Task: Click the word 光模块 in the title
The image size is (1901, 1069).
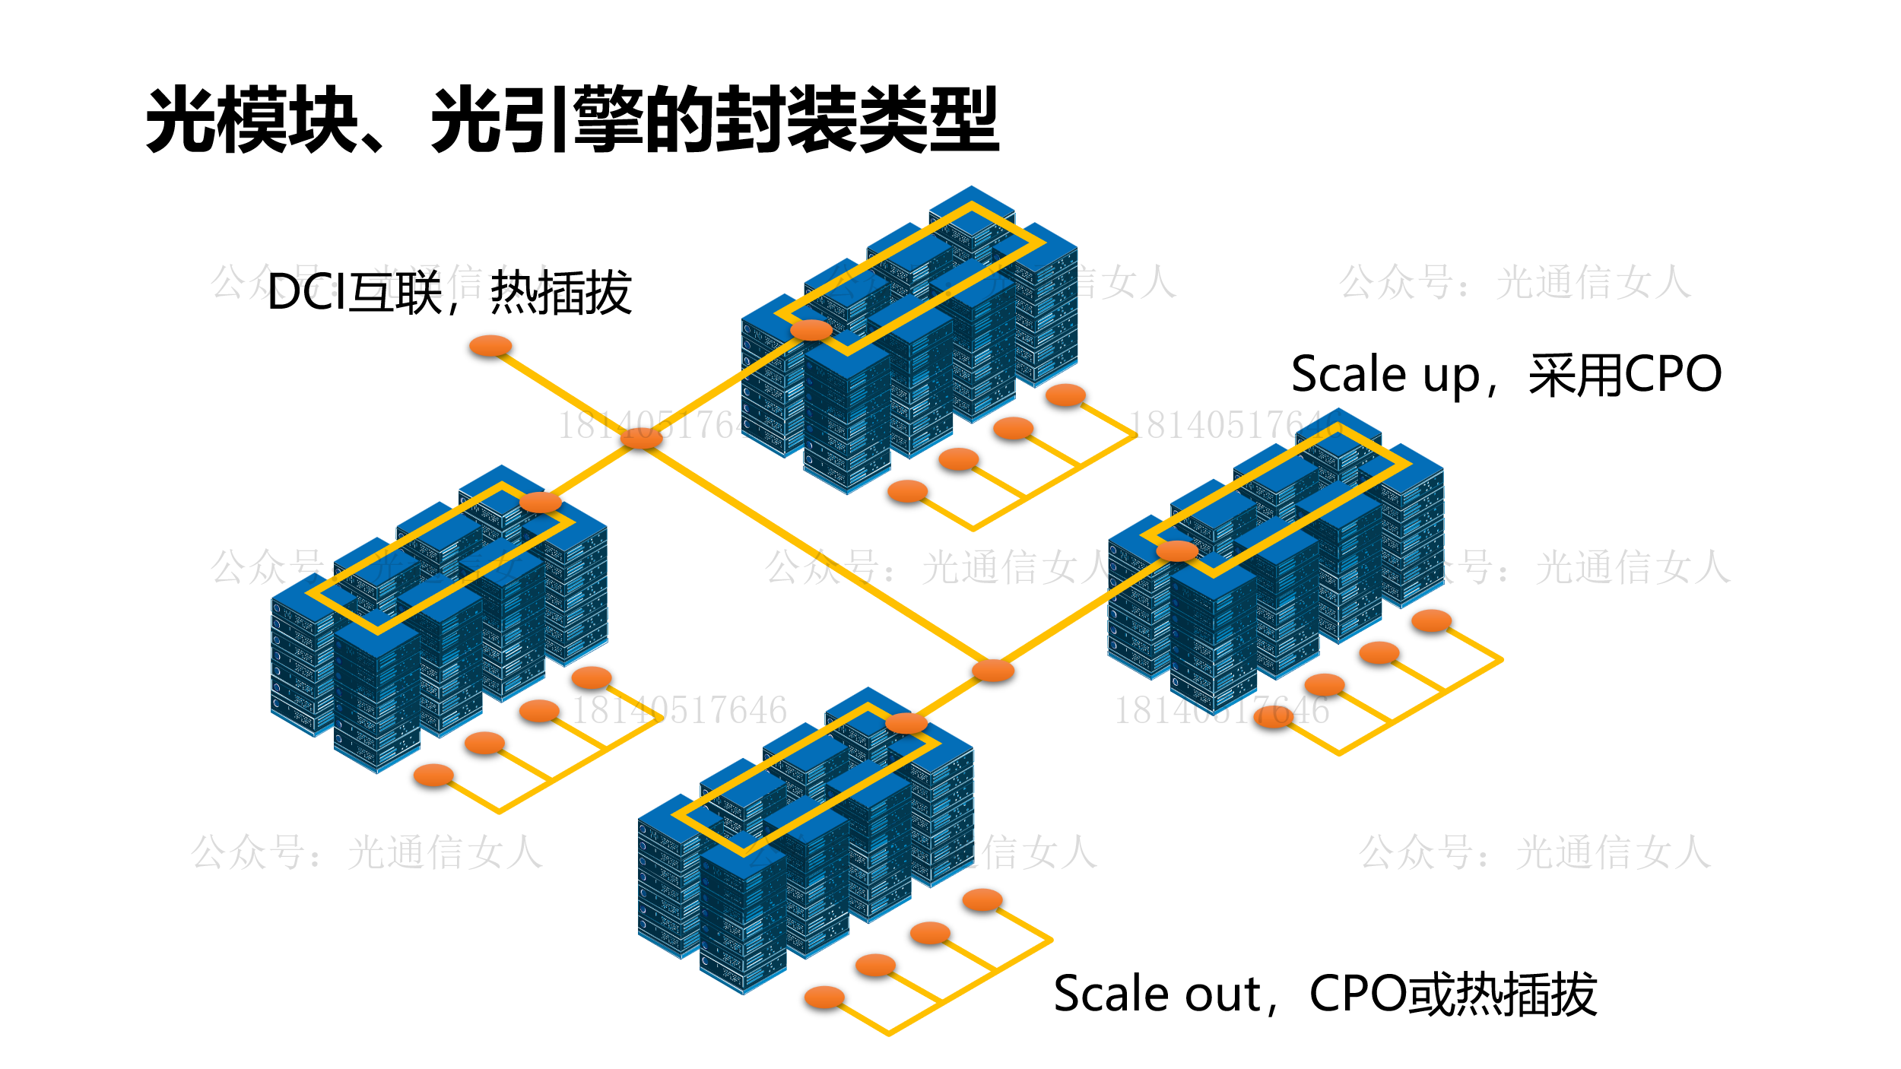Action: pyautogui.click(x=251, y=120)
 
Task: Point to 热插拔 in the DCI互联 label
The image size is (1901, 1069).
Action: pyautogui.click(x=561, y=293)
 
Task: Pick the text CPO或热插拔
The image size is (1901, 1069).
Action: pyautogui.click(x=1452, y=994)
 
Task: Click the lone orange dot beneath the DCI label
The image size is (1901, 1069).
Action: pyautogui.click(x=490, y=347)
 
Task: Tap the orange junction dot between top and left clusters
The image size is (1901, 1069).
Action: pyautogui.click(x=641, y=438)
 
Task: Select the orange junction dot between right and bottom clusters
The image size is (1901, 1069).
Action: pyautogui.click(x=993, y=671)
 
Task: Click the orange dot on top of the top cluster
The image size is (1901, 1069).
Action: pyautogui.click(x=811, y=330)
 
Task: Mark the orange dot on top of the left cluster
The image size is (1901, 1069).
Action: pyautogui.click(x=540, y=503)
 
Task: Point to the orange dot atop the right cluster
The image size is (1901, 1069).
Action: pyautogui.click(x=1177, y=551)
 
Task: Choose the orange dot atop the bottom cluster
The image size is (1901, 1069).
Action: pyautogui.click(x=906, y=723)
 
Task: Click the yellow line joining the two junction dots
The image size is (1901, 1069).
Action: pyautogui.click(x=817, y=554)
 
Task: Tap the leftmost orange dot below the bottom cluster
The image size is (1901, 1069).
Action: pyautogui.click(x=824, y=997)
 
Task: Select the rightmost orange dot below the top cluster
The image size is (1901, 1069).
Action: pyautogui.click(x=1065, y=395)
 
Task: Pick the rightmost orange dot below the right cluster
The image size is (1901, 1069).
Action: pyautogui.click(x=1431, y=621)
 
